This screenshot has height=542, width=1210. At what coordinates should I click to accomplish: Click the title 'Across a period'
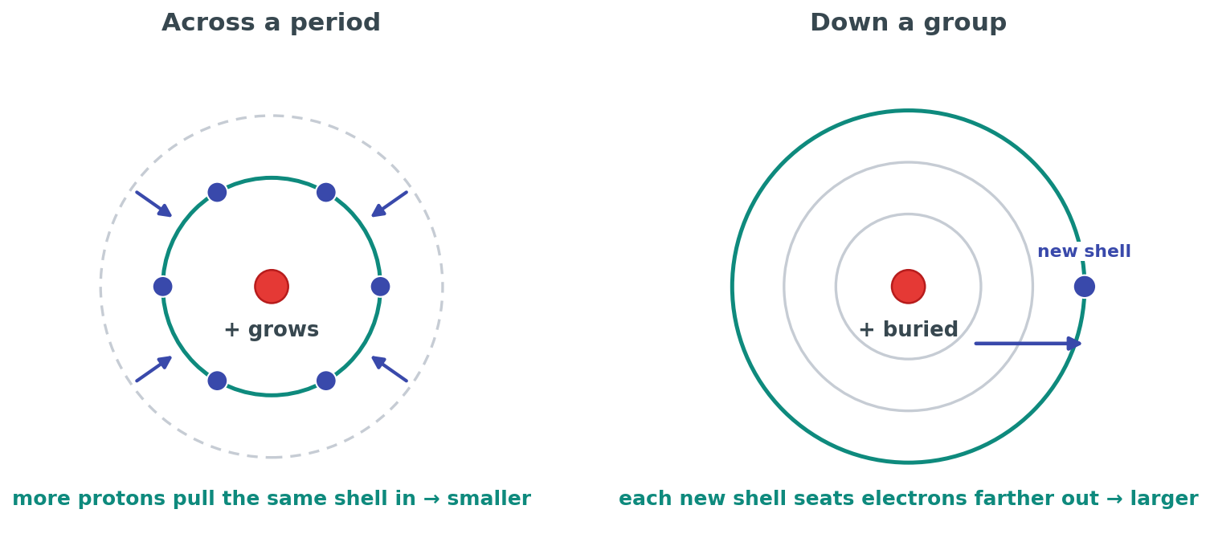(272, 23)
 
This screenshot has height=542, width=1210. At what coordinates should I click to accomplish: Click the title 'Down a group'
(908, 23)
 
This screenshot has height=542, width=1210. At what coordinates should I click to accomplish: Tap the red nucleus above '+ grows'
(272, 287)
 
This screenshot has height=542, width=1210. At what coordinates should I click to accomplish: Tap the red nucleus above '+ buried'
(908, 287)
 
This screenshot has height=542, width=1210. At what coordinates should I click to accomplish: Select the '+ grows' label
(272, 329)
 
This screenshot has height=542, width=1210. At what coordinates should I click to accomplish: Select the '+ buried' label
(908, 329)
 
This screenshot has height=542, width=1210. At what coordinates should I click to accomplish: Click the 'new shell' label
(1084, 251)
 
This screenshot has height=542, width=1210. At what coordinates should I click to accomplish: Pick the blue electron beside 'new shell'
(1084, 287)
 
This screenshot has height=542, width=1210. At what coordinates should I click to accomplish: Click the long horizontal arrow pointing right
(1028, 344)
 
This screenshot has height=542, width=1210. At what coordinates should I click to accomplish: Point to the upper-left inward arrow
(154, 204)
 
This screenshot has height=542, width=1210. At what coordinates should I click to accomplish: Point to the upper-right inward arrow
(390, 204)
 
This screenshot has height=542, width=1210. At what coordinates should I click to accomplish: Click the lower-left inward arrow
(154, 369)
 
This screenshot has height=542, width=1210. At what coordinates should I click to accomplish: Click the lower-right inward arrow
(390, 369)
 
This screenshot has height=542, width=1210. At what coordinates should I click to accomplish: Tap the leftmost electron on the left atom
(162, 287)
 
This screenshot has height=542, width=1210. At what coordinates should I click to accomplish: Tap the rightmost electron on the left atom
(380, 287)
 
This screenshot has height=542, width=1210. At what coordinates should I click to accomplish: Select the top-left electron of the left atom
(217, 192)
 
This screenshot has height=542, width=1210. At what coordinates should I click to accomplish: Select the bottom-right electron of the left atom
(325, 381)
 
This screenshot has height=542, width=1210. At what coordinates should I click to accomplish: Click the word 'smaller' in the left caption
(488, 499)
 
